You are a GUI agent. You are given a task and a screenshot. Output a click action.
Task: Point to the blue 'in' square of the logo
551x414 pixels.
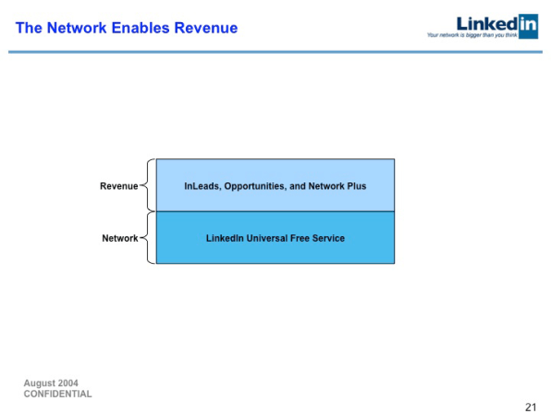pos(527,22)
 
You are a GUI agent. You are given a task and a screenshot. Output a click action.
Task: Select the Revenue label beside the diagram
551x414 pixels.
pos(118,186)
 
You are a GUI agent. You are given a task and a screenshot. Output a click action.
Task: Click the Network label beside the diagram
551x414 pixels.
pos(119,239)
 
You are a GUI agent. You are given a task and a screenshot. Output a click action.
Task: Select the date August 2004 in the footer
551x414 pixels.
pos(51,383)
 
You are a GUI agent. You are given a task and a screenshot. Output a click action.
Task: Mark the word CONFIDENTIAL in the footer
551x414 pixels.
pos(57,394)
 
